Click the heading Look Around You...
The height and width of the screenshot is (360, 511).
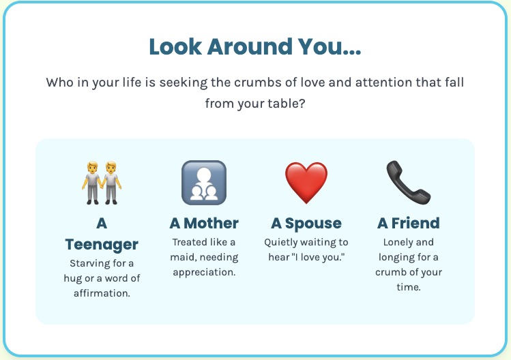pyautogui.click(x=255, y=46)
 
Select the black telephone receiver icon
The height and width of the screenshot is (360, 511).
pyautogui.click(x=409, y=183)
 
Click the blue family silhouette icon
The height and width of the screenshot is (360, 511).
pyautogui.click(x=204, y=183)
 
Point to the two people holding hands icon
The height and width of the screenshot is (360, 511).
pyautogui.click(x=102, y=183)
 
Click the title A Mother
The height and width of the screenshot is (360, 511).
pyautogui.click(x=204, y=224)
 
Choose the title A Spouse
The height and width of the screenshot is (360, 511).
pyautogui.click(x=306, y=224)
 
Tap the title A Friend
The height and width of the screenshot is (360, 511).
pyautogui.click(x=409, y=224)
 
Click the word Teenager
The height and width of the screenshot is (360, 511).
pyautogui.click(x=102, y=245)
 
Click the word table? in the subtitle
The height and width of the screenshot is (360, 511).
pyautogui.click(x=287, y=104)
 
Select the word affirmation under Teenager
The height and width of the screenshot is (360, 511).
pyautogui.click(x=102, y=293)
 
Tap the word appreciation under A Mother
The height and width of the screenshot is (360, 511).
pyautogui.click(x=204, y=273)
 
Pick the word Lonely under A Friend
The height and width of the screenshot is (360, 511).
pyautogui.click(x=394, y=243)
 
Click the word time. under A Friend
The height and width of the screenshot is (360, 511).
pyautogui.click(x=409, y=287)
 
